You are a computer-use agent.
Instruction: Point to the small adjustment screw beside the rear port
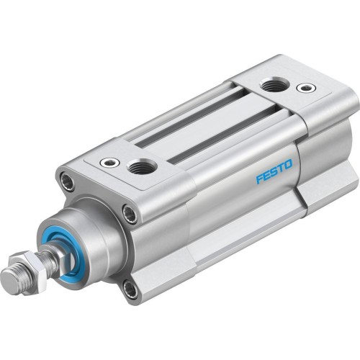(x=306, y=89)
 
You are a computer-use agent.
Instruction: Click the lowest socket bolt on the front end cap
(x=129, y=290)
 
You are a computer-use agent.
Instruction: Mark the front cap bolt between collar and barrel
(x=128, y=213)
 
